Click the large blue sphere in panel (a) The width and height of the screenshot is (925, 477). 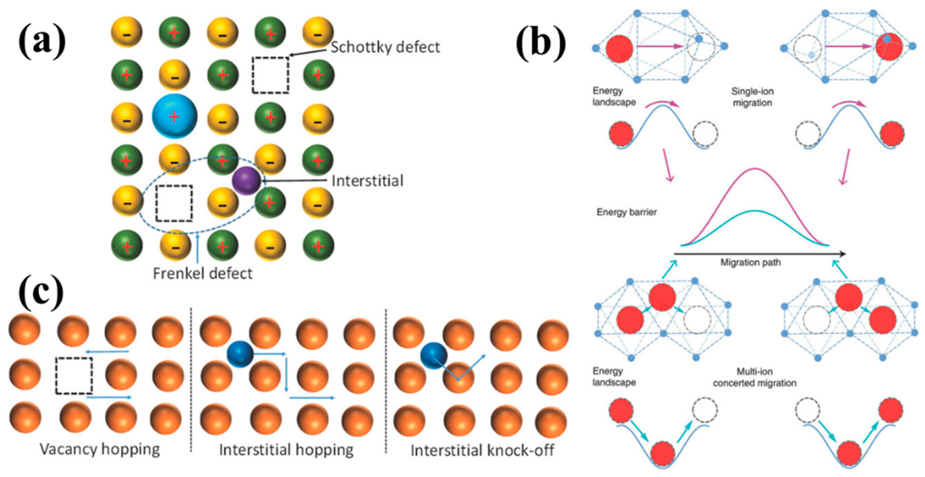point(175,116)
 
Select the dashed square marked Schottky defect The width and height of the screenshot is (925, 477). point(270,75)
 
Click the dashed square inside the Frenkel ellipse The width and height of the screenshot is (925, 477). point(174,203)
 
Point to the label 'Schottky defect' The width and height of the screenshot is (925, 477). point(385,47)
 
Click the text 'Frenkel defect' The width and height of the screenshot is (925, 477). point(203,274)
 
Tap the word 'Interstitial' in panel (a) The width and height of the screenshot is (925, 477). point(367,181)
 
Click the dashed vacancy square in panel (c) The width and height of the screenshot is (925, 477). point(74,375)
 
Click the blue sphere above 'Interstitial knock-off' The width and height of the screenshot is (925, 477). point(434,355)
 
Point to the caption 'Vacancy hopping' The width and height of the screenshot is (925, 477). point(99,449)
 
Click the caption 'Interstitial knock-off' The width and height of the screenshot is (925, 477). point(482,450)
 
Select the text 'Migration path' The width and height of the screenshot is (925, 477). point(750,263)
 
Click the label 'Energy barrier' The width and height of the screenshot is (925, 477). point(627,212)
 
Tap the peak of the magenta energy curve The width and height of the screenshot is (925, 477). point(755,169)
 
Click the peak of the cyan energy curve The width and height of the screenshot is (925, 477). point(755,211)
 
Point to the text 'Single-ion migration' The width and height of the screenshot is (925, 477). point(752,97)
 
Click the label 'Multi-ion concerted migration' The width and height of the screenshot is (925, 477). point(755,377)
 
